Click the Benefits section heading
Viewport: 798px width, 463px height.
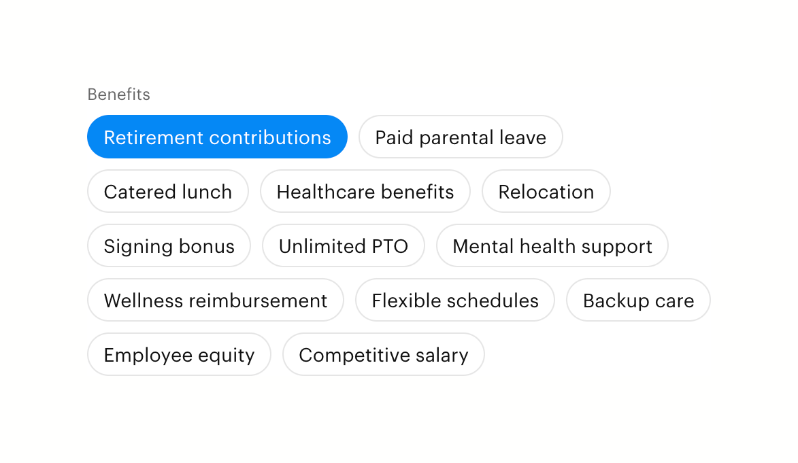pos(118,94)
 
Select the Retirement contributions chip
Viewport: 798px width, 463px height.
pos(217,137)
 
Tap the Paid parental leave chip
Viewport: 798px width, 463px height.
pos(461,137)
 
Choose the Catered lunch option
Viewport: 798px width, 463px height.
pos(168,191)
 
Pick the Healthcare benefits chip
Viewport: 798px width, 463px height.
pos(365,191)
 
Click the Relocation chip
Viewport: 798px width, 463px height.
pos(546,191)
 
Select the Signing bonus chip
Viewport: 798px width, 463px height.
pos(169,245)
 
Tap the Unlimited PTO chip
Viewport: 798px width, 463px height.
pos(344,245)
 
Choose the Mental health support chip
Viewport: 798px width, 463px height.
pos(552,245)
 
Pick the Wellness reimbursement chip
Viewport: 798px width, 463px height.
pos(215,301)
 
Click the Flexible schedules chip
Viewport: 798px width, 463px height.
pos(455,301)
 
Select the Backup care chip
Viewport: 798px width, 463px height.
pos(638,301)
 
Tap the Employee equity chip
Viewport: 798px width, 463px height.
pos(179,355)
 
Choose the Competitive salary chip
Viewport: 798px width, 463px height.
pos(383,355)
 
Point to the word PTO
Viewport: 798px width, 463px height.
pos(390,246)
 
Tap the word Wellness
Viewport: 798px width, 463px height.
pos(143,301)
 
